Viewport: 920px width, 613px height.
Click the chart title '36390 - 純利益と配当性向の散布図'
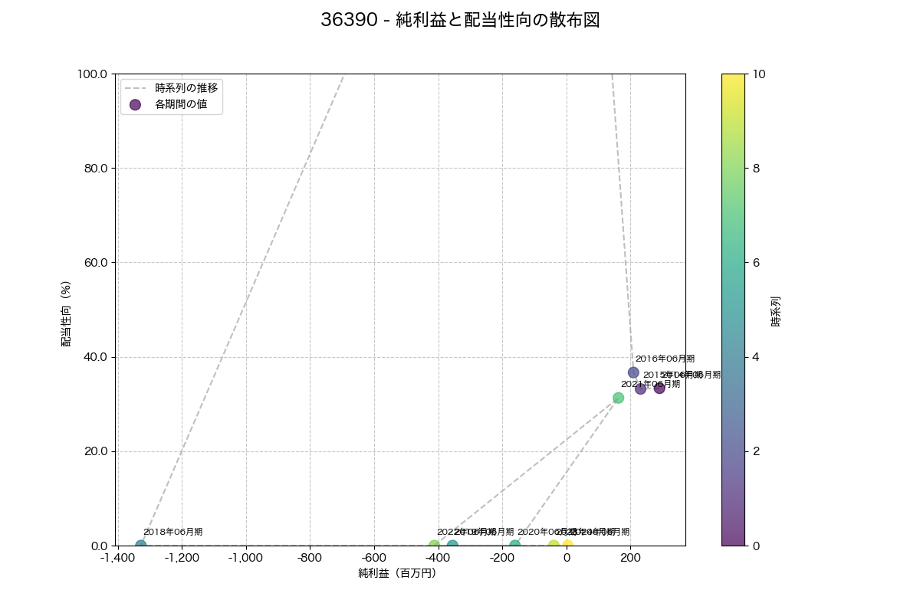460,21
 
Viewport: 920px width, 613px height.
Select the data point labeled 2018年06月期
141,546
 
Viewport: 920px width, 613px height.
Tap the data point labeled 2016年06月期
633,372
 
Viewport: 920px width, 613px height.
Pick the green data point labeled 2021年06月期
618,398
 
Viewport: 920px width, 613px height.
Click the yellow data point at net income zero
567,546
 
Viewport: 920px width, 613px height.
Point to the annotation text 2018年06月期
172,532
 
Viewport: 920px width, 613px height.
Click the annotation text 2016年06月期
665,359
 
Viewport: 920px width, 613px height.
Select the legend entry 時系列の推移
186,87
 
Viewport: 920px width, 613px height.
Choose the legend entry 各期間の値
181,104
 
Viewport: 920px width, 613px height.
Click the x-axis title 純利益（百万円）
396,573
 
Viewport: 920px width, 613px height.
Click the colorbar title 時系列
775,310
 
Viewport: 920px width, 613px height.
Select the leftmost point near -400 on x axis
435,546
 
